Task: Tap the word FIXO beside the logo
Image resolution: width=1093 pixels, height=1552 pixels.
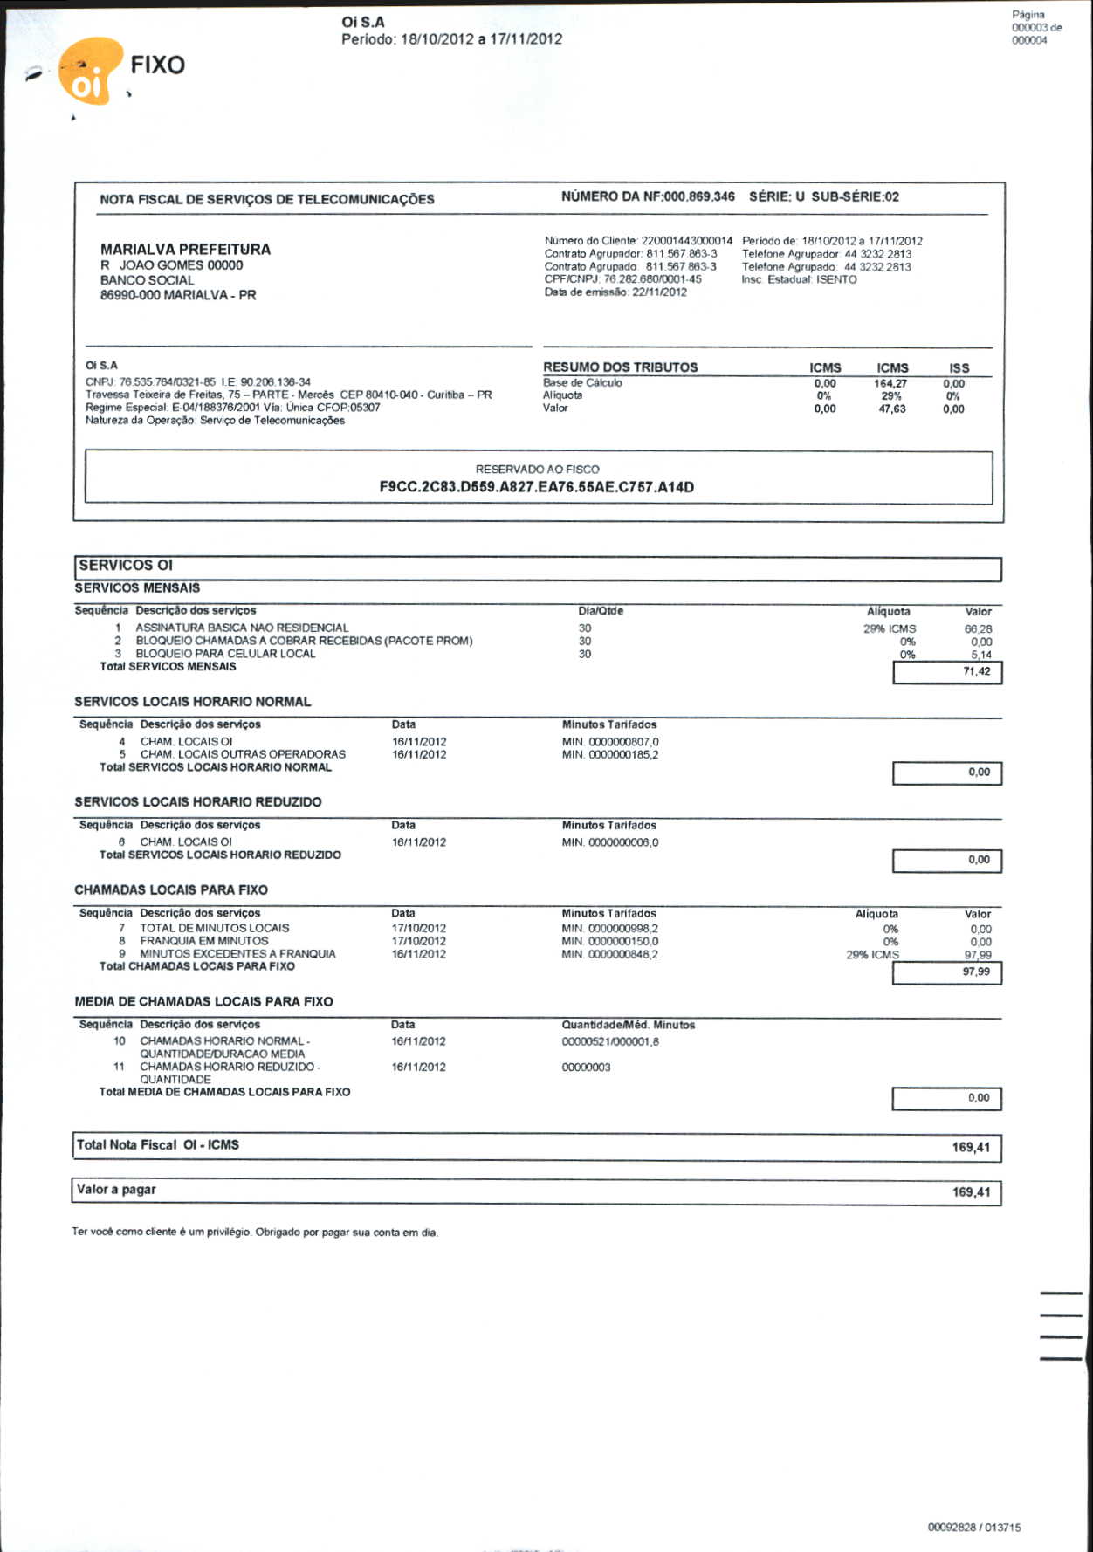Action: coord(157,65)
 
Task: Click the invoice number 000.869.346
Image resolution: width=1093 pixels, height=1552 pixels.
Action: coord(699,196)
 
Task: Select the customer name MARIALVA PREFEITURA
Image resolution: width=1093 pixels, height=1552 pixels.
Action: coord(185,249)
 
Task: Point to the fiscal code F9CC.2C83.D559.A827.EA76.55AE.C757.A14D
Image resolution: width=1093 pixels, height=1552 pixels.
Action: coord(536,487)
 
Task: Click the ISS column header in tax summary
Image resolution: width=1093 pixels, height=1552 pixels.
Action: coord(959,368)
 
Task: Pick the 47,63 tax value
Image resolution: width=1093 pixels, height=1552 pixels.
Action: coord(891,409)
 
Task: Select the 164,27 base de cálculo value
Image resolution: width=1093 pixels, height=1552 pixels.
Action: coord(890,383)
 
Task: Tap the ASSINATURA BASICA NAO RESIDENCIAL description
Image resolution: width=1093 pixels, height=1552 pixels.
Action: coord(242,628)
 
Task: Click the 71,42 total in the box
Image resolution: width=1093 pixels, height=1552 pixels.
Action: coord(976,671)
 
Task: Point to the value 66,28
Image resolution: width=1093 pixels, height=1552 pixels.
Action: coord(978,628)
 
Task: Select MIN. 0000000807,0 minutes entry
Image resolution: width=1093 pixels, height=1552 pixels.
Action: coord(610,742)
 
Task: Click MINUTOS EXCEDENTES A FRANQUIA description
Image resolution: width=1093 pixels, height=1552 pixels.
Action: coord(237,954)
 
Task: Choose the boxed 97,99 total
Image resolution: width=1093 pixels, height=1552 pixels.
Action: coord(976,972)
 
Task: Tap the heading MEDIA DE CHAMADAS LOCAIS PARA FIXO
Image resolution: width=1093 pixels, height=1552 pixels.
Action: coord(203,1001)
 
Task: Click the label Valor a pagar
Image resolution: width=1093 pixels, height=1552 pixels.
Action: coord(116,1189)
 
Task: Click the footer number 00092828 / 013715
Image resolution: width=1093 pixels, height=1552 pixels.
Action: coord(973,1527)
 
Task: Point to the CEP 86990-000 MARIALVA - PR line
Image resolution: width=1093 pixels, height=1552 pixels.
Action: coord(178,295)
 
